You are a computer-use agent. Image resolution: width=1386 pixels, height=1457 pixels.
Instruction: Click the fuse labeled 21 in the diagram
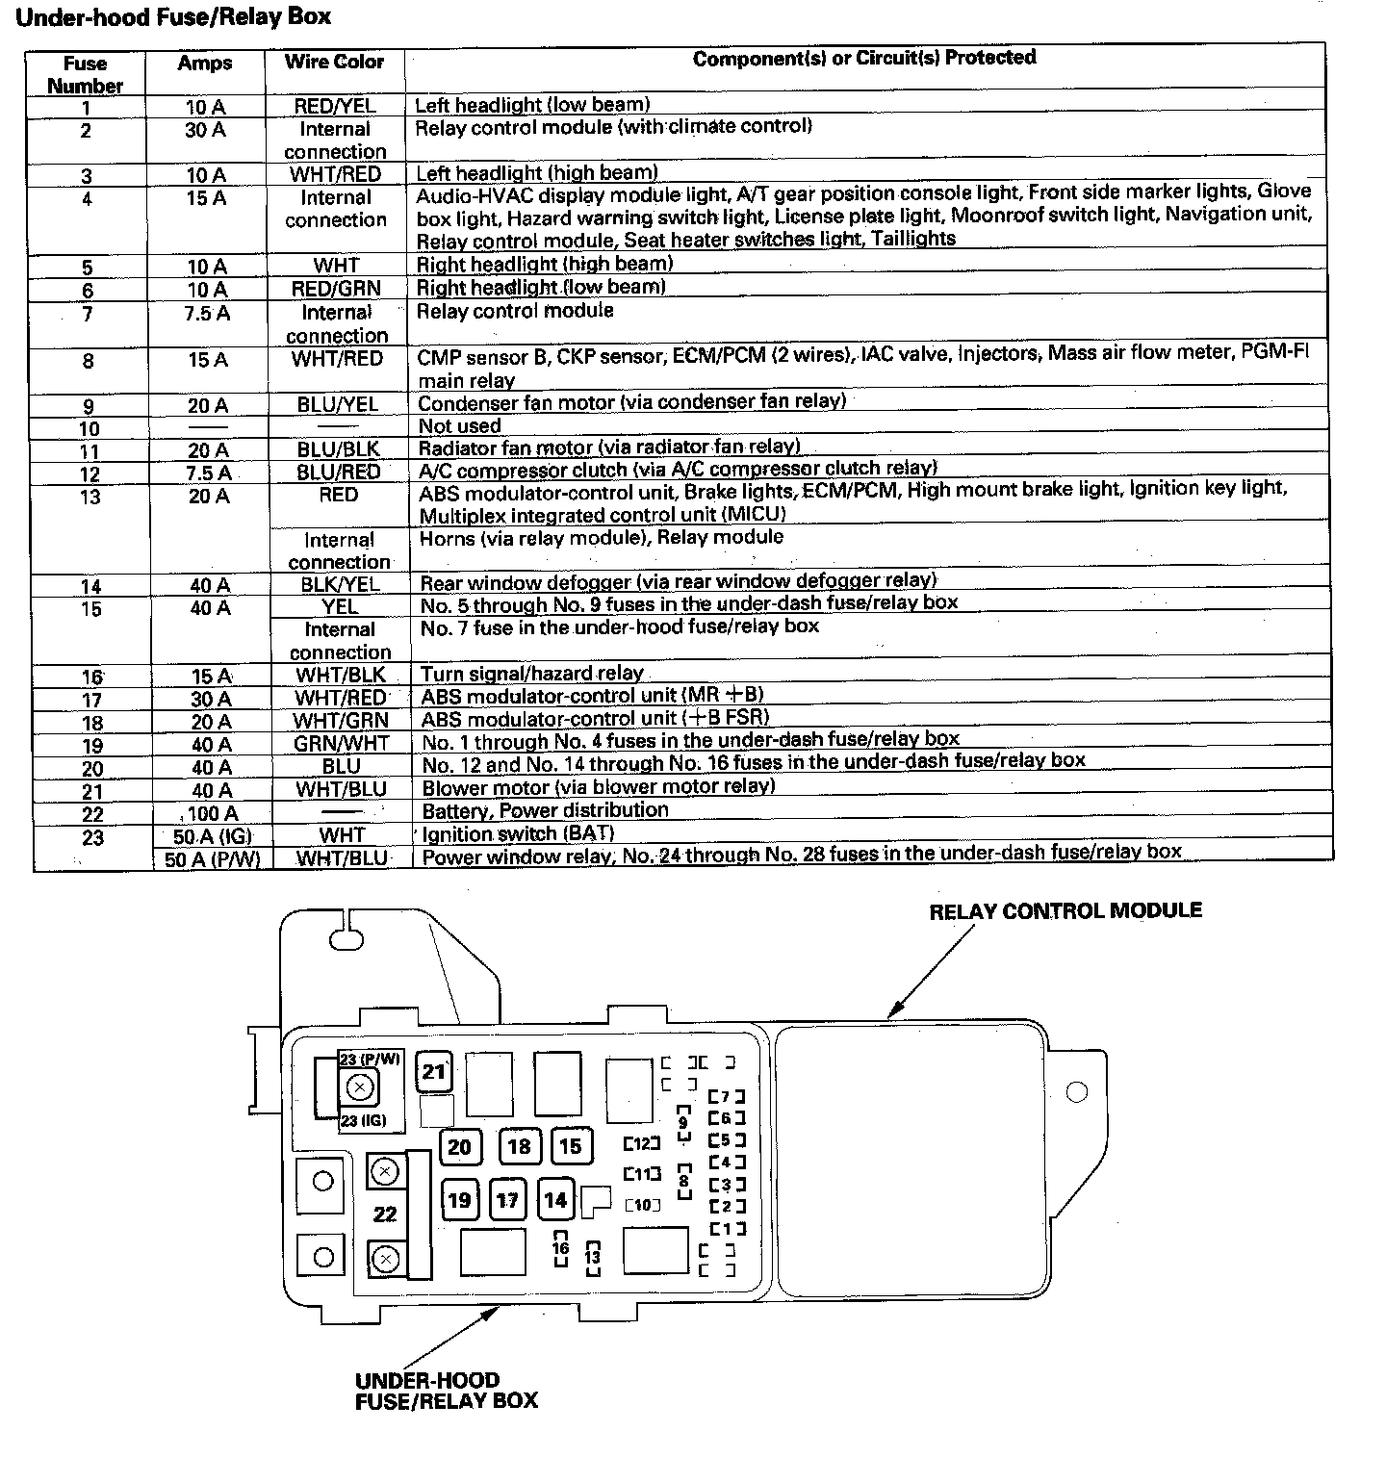tap(434, 1072)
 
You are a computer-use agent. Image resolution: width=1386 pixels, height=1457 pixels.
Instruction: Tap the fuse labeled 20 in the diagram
tap(460, 1146)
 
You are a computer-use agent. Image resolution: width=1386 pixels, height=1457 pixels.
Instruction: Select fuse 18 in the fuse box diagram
tap(519, 1146)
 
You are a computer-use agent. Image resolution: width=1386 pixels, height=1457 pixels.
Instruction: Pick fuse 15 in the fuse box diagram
tap(571, 1146)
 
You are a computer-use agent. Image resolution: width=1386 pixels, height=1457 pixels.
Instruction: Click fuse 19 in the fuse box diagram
tap(460, 1200)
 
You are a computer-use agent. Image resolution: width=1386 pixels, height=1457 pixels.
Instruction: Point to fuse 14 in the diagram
tap(555, 1200)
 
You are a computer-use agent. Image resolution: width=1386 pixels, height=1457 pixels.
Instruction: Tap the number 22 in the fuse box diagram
tap(385, 1214)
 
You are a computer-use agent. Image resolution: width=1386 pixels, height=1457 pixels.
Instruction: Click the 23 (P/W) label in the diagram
tap(370, 1060)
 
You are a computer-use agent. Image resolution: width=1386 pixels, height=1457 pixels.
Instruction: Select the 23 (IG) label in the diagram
tap(363, 1120)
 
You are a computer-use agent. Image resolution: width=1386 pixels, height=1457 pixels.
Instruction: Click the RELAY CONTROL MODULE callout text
tap(1065, 910)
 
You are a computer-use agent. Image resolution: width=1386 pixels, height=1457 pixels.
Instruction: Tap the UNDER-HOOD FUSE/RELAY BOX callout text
tap(446, 1391)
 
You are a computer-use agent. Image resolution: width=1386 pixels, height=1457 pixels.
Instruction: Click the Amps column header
tap(205, 64)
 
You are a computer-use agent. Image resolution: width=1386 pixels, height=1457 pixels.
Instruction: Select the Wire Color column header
tap(334, 62)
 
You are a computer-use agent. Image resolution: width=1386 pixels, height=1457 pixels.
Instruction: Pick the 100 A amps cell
tap(212, 813)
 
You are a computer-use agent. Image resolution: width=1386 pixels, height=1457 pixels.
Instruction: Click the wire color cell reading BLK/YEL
tap(337, 584)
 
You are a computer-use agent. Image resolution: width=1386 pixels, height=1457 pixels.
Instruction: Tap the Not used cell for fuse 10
tap(459, 426)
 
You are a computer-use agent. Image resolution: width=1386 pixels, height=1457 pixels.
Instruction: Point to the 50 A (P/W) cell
tap(212, 859)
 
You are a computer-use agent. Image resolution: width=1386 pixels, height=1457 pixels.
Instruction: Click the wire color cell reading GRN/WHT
tap(342, 744)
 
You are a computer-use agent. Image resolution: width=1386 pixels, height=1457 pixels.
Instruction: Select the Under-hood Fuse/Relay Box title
tap(174, 17)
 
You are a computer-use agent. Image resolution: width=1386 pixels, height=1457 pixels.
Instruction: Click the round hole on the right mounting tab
tap(1077, 1092)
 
